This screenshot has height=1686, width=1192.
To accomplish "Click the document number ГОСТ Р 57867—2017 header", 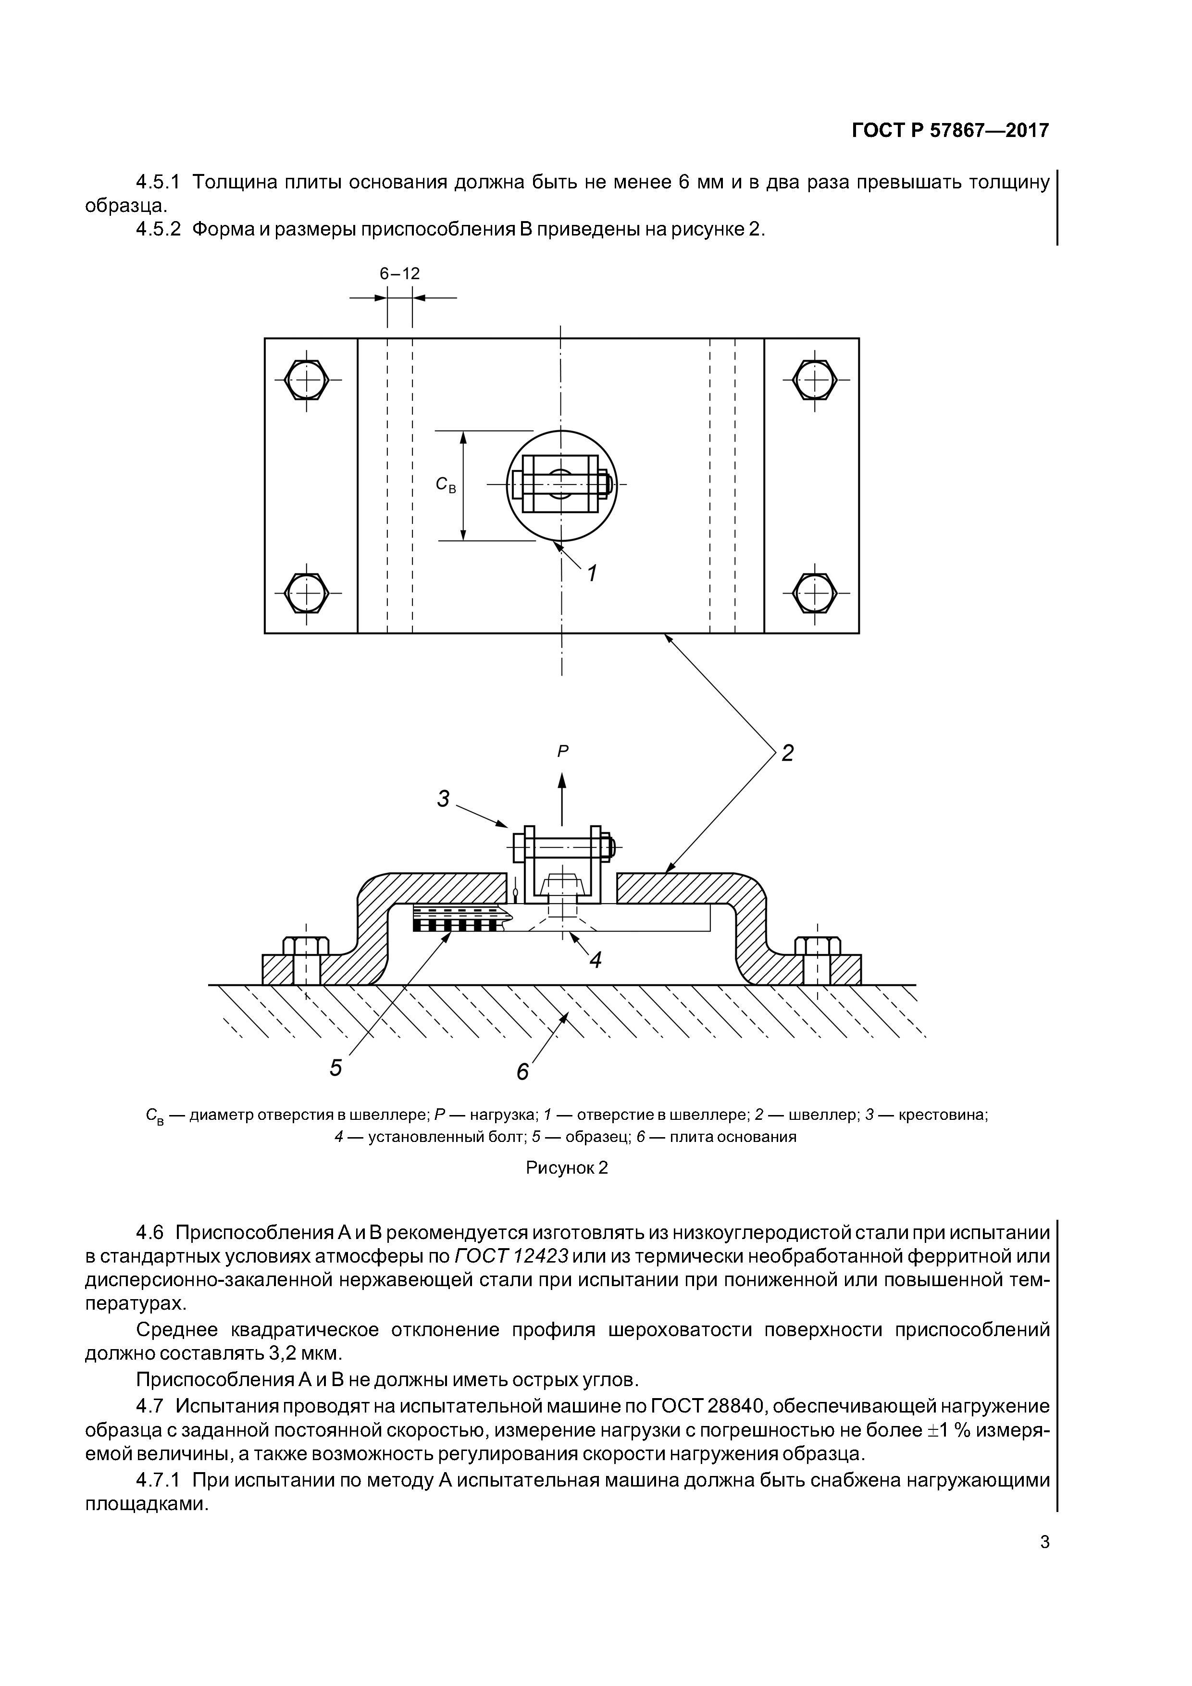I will pyautogui.click(x=950, y=131).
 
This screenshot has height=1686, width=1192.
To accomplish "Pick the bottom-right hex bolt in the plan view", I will pyautogui.click(x=815, y=591).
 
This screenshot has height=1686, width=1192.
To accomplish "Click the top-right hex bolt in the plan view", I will pyautogui.click(x=815, y=380).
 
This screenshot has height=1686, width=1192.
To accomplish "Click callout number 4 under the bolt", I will pyautogui.click(x=596, y=959).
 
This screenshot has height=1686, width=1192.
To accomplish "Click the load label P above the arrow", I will pyautogui.click(x=562, y=751).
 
